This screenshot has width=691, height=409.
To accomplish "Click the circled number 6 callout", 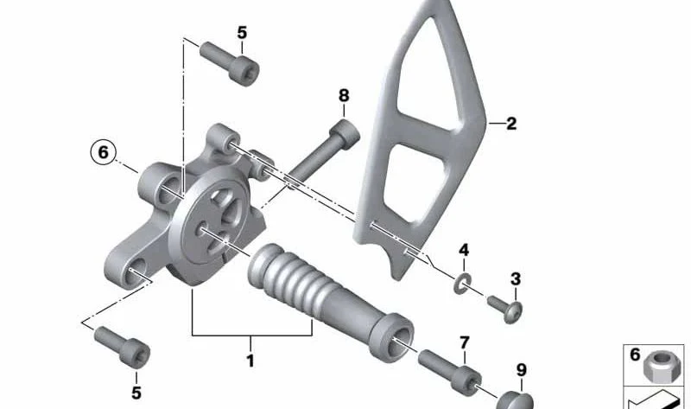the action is click(103, 152).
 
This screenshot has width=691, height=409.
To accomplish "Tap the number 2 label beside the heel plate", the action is click(511, 124).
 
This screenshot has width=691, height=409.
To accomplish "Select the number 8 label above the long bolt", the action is click(344, 95).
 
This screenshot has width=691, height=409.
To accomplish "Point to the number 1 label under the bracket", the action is click(250, 361).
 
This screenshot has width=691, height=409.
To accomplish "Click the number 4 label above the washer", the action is click(464, 250).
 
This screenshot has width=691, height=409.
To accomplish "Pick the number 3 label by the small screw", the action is click(516, 278).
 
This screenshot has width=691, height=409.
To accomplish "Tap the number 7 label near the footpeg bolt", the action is click(465, 342).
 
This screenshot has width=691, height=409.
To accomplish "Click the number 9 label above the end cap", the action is click(522, 370).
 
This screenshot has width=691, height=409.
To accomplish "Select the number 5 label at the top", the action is click(242, 33).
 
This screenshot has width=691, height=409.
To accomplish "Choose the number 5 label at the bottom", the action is click(136, 393).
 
